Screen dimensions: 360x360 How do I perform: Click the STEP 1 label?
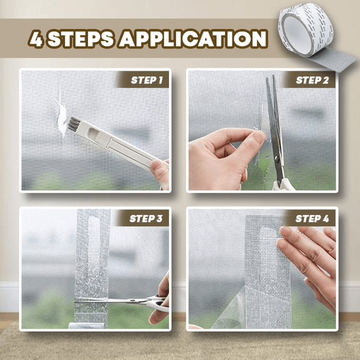tap(146, 80)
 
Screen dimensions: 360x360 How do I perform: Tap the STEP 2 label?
tap(312, 80)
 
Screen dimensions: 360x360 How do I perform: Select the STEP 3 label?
tap(146, 218)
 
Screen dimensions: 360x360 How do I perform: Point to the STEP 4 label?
tap(312, 218)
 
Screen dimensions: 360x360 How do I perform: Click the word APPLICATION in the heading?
tap(193, 38)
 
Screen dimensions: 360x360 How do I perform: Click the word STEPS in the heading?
tap(81, 38)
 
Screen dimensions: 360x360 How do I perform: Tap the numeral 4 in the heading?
tap(37, 38)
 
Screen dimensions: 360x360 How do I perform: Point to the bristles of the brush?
tap(73, 124)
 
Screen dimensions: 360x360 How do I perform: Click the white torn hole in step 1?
tap(61, 117)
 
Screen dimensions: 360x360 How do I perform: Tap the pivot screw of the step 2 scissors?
tap(277, 159)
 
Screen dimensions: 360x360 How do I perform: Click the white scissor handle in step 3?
tap(156, 303)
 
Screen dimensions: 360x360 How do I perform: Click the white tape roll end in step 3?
tap(87, 326)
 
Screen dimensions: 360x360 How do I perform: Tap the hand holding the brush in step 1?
tap(160, 175)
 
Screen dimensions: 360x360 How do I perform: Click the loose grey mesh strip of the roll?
tap(333, 59)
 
